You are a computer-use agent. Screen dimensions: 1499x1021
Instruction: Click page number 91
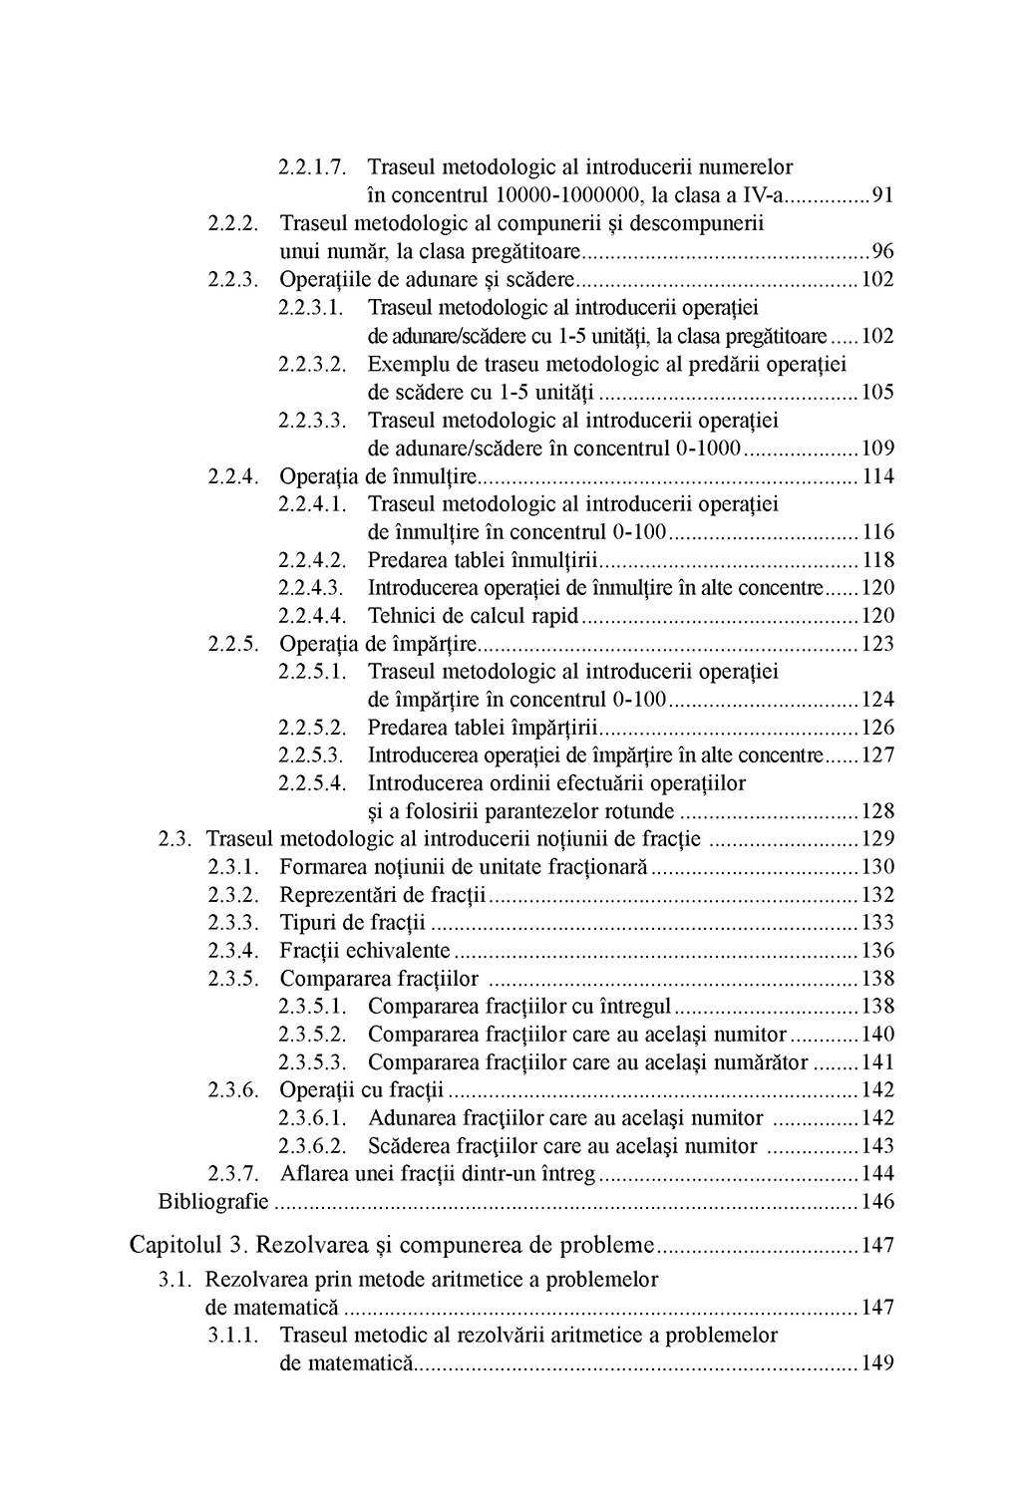point(882,195)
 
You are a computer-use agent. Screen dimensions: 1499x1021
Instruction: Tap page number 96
point(882,251)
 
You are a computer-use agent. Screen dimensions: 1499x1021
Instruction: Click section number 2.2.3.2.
point(312,364)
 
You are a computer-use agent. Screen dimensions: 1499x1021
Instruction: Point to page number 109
point(877,448)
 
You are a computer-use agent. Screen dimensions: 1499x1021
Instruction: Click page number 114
point(877,475)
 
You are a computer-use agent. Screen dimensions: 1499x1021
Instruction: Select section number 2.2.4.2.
point(312,559)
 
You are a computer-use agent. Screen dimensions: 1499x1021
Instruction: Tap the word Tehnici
point(402,615)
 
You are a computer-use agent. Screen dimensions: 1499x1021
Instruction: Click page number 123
point(877,643)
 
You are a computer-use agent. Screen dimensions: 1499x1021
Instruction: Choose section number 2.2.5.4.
point(312,782)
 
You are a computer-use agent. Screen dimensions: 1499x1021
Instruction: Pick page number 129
point(877,838)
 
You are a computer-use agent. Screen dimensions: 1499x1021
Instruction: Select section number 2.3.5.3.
point(312,1061)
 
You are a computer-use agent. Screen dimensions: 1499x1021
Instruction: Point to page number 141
point(877,1061)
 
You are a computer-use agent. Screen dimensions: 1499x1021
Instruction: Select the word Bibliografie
point(213,1201)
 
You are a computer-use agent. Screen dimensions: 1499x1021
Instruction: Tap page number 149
point(877,1362)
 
